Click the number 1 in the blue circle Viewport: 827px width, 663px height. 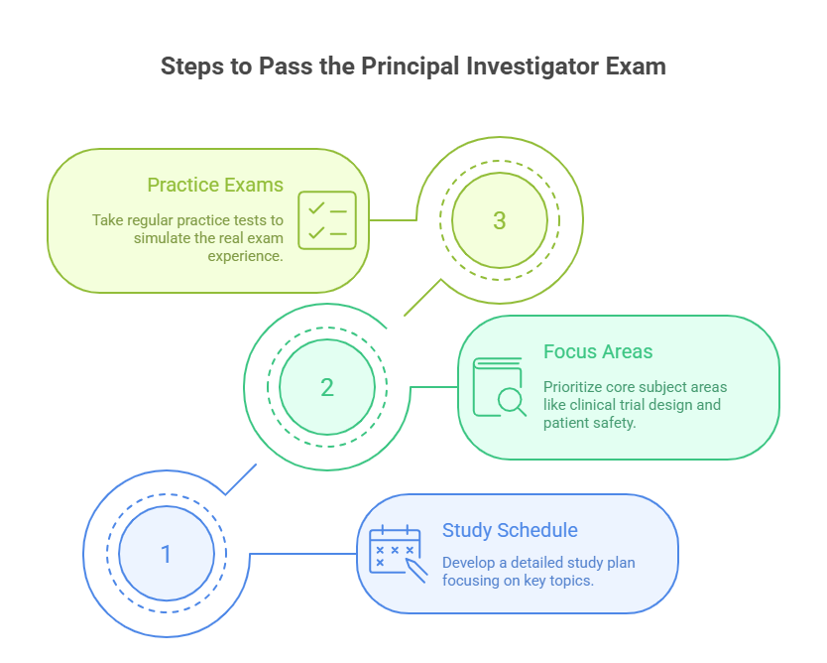point(166,554)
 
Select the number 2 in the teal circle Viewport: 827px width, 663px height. point(327,387)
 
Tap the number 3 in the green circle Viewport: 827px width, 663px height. point(499,220)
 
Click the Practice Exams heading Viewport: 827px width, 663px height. point(215,186)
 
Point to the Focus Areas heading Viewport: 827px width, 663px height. point(598,352)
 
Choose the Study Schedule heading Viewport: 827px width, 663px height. point(510,530)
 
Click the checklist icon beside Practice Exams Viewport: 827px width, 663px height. point(327,219)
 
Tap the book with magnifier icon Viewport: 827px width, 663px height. point(499,387)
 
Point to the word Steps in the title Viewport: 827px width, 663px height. point(193,66)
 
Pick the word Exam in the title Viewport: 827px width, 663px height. point(639,66)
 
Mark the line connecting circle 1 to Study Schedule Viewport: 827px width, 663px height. point(302,554)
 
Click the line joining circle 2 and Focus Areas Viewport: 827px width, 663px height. point(433,387)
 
